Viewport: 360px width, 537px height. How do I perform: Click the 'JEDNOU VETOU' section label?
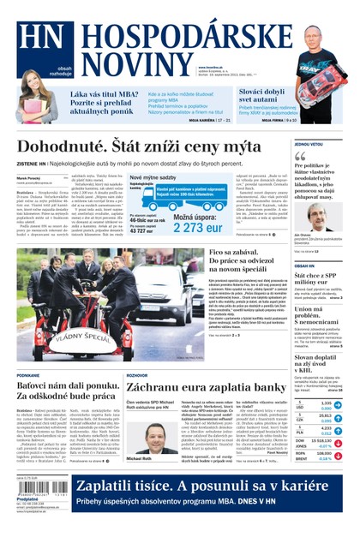[x=309, y=144]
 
